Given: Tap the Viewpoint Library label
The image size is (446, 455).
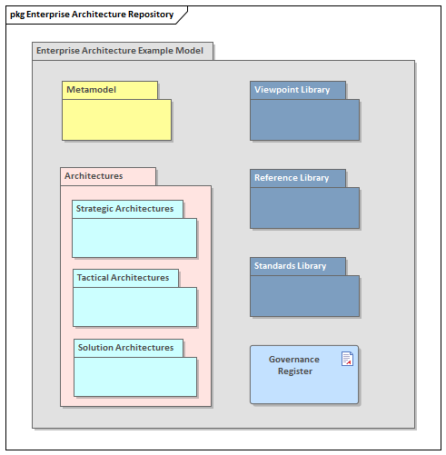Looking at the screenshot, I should pos(292,90).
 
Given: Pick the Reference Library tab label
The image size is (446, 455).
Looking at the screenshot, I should pos(291,178).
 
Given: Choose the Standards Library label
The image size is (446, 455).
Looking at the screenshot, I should pos(290,266).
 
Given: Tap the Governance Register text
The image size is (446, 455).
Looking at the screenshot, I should pos(293,365).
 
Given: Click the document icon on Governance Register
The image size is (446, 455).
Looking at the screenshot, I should pos(347,359).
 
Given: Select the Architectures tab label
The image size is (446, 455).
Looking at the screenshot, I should pos(94,176).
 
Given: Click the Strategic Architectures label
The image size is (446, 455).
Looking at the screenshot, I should pos(124,209).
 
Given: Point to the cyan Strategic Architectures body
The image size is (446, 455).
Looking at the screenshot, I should pos(134,238).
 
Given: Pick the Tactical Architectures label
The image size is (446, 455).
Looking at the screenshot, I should pos(123,278).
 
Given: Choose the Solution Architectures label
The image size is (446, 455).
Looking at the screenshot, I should pos(125,348).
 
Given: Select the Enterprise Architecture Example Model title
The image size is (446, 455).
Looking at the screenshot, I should pos(120,51).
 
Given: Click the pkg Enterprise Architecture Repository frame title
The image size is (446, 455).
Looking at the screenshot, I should pos(92,15).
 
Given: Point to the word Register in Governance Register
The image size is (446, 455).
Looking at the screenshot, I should pos(294,371).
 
